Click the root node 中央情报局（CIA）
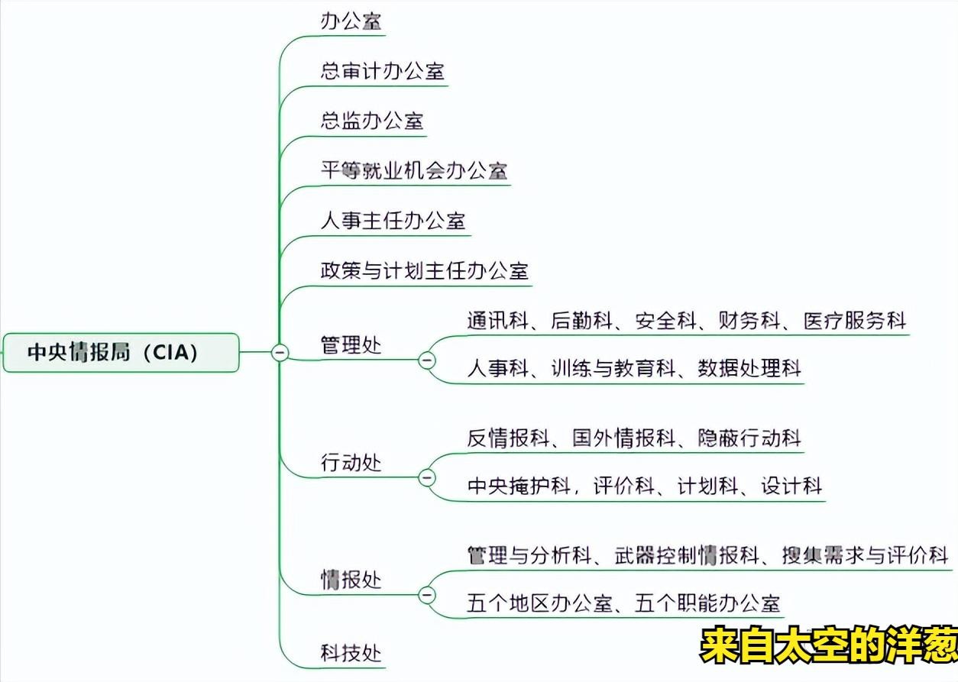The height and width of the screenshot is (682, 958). pos(121,352)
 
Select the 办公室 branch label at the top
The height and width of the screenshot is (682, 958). pos(351,21)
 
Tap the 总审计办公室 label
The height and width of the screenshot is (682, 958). pos(382,71)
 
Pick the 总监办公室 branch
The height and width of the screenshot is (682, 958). pos(372,121)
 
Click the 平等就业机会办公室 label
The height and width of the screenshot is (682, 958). pos(413,170)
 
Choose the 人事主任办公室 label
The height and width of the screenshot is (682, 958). pos(393,221)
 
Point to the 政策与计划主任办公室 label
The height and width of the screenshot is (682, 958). pos(424,270)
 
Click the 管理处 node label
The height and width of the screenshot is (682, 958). pos(351,345)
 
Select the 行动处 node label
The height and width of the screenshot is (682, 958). pos(351,463)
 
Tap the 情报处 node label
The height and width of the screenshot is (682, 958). pos(351,580)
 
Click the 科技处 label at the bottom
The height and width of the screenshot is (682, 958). pos(351,653)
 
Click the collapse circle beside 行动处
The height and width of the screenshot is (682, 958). pos(426,477)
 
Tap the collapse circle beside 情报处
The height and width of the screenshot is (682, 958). pos(426,594)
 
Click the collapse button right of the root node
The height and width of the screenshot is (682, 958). pos(280,352)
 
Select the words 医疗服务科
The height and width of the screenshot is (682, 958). pos(854,321)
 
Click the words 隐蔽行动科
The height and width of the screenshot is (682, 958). pos(749,438)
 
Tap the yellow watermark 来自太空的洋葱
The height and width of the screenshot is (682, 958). pos(828,646)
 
